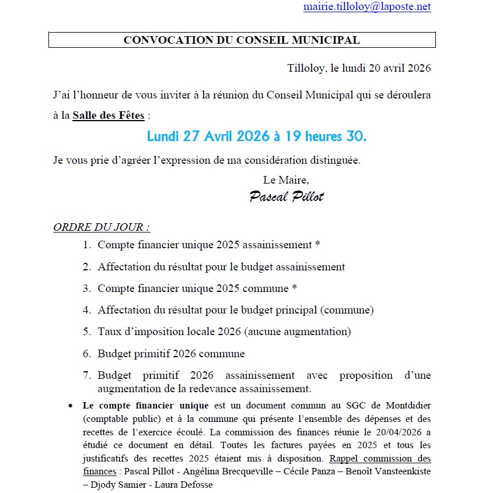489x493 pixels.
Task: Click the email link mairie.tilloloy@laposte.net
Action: [367, 7]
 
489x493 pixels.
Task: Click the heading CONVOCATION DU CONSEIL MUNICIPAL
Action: [242, 40]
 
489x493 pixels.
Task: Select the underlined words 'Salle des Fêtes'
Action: [109, 115]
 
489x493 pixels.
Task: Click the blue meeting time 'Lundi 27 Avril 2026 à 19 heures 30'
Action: [257, 137]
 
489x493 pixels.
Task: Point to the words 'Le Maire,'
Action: [286, 180]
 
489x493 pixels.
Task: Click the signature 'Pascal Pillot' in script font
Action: [286, 196]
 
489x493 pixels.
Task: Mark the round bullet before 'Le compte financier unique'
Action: [71, 405]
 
